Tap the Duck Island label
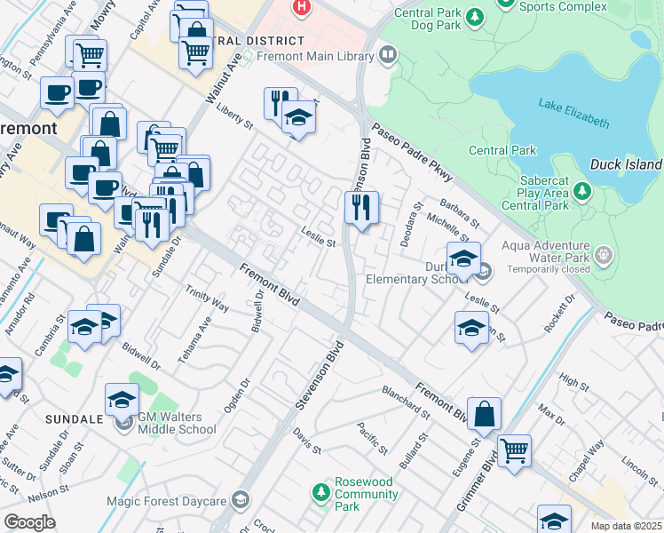[x=626, y=165]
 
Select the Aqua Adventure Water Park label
[x=546, y=252]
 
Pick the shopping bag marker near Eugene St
[x=484, y=414]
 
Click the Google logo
[x=29, y=522]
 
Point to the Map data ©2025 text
[x=626, y=526]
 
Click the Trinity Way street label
[x=207, y=299]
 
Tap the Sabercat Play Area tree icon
[x=582, y=191]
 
